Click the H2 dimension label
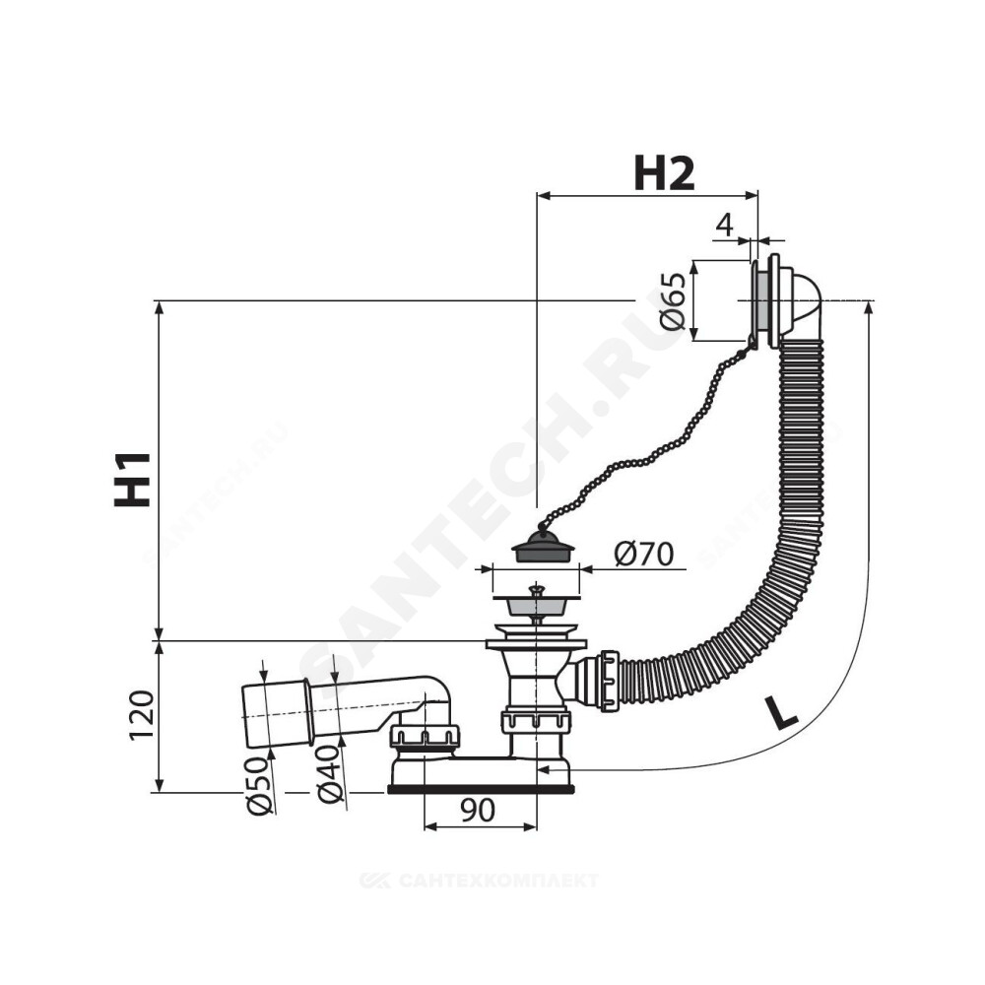(665, 173)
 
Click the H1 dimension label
(133, 479)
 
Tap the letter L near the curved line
(781, 713)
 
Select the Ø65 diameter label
(672, 300)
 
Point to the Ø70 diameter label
(643, 554)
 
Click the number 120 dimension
(141, 715)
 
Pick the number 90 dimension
(478, 811)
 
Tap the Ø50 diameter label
(261, 785)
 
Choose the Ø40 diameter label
(331, 774)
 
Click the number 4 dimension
(725, 225)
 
